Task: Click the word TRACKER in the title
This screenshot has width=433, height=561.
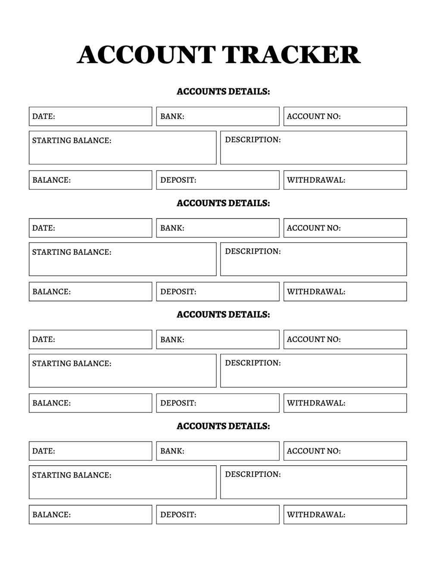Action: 291,55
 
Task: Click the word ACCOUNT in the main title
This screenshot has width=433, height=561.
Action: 146,55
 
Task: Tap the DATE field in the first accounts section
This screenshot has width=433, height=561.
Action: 90,116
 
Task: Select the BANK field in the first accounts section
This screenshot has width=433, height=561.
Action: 218,116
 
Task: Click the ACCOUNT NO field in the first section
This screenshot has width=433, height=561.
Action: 345,116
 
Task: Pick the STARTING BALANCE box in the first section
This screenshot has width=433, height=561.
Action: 122,147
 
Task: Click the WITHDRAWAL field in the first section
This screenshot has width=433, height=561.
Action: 345,180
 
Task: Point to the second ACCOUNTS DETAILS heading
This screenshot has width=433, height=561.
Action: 223,203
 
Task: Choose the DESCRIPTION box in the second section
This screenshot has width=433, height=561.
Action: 313,259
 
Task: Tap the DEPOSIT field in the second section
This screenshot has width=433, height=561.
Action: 218,291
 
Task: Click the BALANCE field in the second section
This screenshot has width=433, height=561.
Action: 90,291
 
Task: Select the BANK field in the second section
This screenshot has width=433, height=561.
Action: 218,228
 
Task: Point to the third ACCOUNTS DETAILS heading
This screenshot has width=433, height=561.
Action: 223,315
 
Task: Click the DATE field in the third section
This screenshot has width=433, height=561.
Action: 90,339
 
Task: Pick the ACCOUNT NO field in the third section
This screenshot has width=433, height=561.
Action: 345,339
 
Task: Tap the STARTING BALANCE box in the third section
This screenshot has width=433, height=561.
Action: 122,370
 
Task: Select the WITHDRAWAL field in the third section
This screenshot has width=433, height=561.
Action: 345,403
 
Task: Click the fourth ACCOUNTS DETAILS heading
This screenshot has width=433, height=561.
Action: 223,426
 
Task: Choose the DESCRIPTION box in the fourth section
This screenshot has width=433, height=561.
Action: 313,482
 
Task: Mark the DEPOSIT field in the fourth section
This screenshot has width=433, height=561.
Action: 218,514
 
